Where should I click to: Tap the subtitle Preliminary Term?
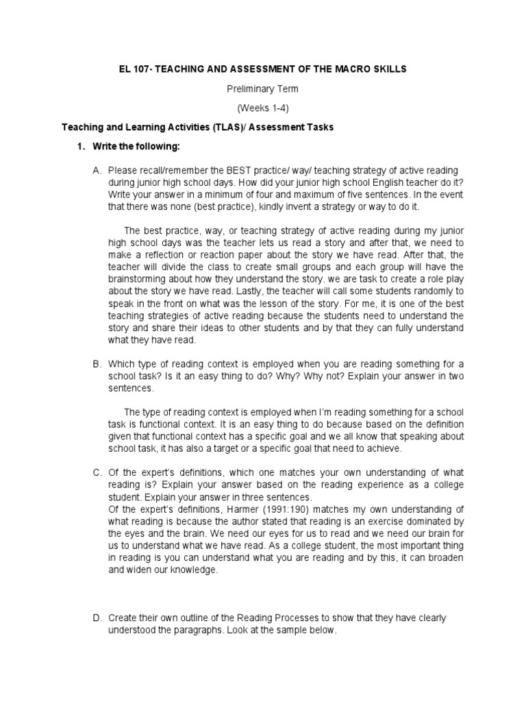pyautogui.click(x=263, y=89)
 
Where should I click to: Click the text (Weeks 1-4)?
pyautogui.click(x=263, y=108)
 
